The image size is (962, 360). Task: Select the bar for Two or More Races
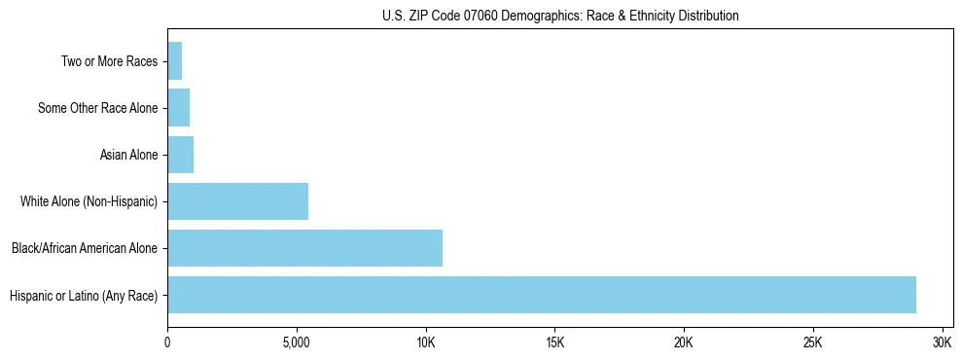pos(175,61)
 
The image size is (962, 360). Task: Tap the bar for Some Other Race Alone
pos(179,108)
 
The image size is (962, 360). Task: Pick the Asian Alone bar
pos(181,155)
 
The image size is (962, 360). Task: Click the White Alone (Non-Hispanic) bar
pos(238,201)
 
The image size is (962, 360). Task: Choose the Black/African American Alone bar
pos(305,248)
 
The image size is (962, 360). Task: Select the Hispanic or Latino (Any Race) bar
pos(542,295)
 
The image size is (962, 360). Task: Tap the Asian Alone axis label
pos(128,155)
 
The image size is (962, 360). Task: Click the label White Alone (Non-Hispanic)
pos(89,201)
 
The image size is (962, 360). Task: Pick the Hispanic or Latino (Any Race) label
pos(84,295)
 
